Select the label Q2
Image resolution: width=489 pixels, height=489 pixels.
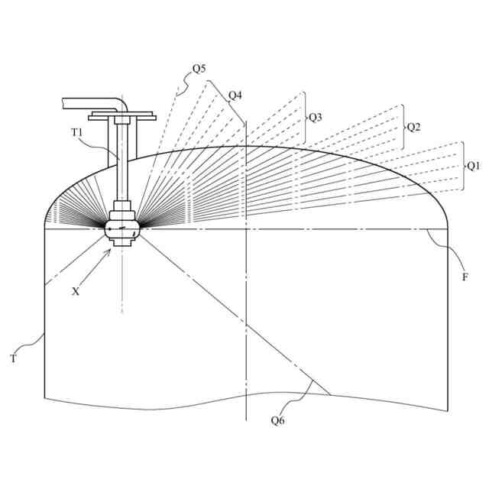pos(413,127)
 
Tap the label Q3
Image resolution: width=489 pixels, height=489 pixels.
pos(315,117)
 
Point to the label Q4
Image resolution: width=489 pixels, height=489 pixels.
pos(235,96)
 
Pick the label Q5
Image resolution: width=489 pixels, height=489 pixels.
pos(199,69)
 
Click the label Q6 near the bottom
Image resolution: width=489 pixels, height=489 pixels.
pos(279,419)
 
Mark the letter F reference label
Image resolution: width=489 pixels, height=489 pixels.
pos(465,277)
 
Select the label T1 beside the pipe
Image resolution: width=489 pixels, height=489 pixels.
pos(77,131)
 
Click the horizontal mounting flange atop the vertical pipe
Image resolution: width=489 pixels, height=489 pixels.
pos(122,117)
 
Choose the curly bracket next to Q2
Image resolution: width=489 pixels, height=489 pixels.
pos(403,127)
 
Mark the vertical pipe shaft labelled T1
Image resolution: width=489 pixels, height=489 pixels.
pos(122,164)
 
